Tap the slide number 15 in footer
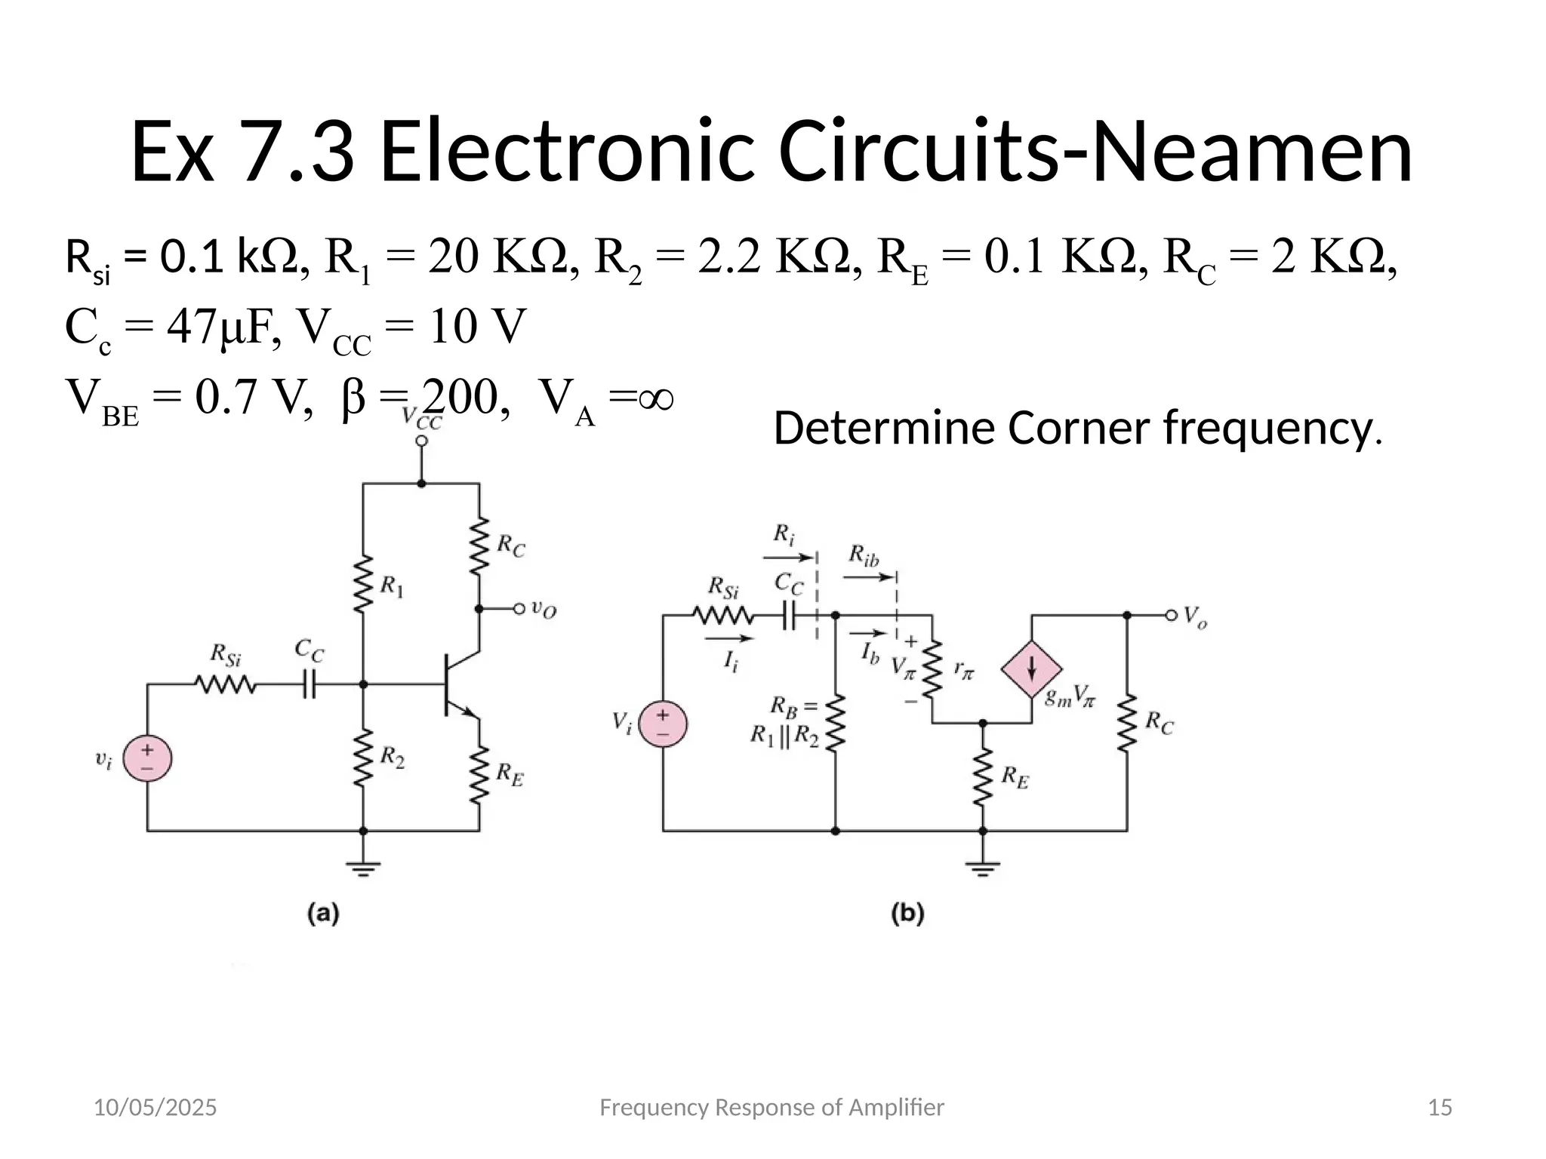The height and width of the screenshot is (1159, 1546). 1440,1108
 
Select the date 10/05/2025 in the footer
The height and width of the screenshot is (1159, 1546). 155,1108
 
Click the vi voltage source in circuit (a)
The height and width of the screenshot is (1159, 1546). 147,758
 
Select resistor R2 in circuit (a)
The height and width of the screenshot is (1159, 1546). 363,757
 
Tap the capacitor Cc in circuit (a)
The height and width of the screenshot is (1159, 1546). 309,685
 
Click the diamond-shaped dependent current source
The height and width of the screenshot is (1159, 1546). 1031,669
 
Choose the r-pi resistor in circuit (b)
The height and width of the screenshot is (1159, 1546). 933,669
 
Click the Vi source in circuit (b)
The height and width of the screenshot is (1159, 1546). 662,724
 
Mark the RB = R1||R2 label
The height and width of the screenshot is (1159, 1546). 785,721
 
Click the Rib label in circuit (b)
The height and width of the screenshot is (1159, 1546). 864,555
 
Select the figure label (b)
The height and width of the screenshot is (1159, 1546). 907,914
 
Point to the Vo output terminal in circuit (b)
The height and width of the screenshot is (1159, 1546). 1171,616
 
